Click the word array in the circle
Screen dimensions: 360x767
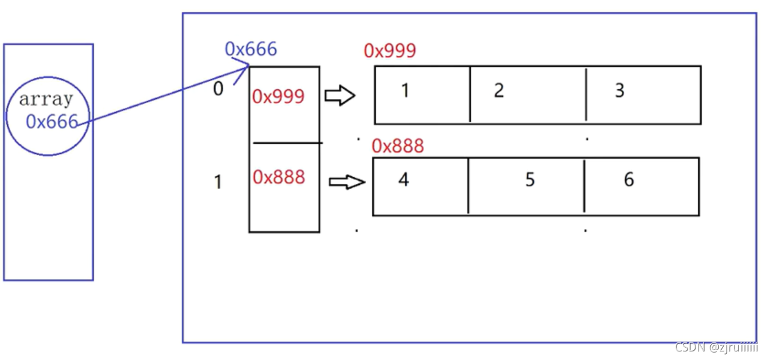(x=46, y=99)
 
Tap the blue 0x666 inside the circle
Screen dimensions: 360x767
(x=52, y=122)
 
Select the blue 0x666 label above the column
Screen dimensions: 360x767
(x=251, y=49)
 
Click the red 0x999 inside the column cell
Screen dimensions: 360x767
(x=278, y=96)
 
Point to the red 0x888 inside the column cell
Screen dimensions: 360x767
(x=279, y=177)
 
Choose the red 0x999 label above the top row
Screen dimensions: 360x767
(x=390, y=51)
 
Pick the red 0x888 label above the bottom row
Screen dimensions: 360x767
(x=398, y=146)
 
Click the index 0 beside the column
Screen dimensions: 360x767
(x=218, y=89)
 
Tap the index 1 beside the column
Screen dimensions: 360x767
(x=218, y=182)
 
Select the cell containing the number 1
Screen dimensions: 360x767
(x=422, y=95)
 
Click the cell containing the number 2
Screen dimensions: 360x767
(x=528, y=95)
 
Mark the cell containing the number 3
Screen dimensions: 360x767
(x=643, y=95)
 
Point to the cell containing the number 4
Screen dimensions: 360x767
(x=420, y=186)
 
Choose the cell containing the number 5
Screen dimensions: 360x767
(x=526, y=186)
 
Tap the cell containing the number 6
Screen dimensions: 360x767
(x=641, y=186)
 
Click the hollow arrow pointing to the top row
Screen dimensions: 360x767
(x=340, y=96)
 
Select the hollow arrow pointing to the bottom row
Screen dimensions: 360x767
(x=347, y=182)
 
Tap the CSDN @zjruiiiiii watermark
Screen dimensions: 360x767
(x=716, y=347)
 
